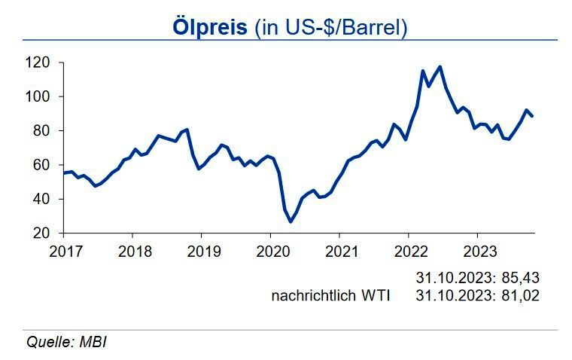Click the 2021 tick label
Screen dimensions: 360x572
click(339, 250)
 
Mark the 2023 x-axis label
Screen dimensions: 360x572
click(477, 250)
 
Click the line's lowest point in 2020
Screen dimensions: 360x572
click(291, 221)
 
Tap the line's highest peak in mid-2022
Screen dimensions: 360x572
click(440, 67)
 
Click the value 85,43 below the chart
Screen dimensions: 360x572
click(522, 278)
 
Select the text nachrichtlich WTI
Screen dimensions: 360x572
click(330, 296)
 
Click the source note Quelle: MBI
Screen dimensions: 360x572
click(67, 342)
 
